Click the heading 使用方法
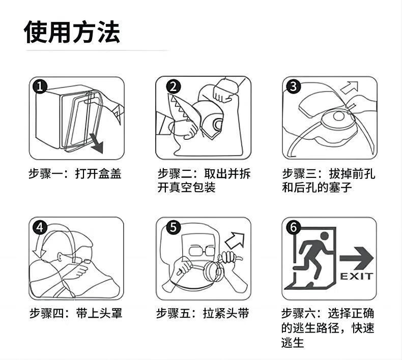72,32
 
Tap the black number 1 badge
40,86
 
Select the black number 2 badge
174,86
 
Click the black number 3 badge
293,86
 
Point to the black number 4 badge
40,227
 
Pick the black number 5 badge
174,227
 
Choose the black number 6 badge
293,227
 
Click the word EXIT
356,277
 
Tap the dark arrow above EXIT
357,258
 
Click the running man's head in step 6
325,236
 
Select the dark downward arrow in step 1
96,145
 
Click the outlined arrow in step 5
235,241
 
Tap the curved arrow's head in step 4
39,252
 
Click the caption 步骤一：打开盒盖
75,174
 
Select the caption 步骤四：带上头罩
76,313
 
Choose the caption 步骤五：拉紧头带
203,313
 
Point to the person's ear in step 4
60,257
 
